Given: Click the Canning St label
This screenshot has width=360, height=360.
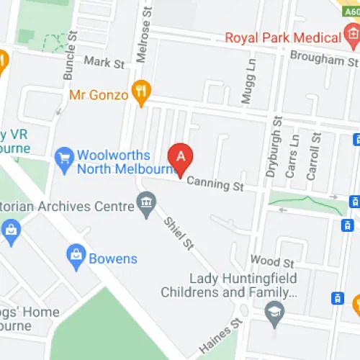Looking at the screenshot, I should tap(216, 186).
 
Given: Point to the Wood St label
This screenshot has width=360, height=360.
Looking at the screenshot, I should tap(272, 260).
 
